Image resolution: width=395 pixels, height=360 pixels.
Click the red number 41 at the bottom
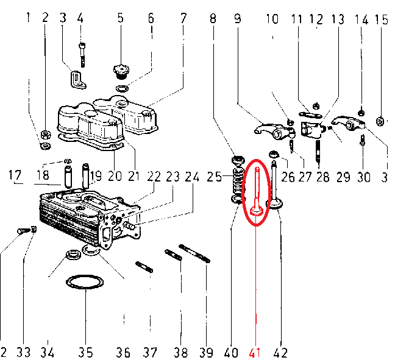point(255,352)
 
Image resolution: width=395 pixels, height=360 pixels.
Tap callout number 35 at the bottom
point(86,352)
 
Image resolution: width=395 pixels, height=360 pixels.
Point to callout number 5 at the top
point(120,19)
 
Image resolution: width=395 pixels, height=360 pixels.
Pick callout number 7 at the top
point(183,19)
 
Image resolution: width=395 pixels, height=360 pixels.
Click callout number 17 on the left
point(15,177)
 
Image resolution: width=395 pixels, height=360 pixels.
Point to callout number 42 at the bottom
point(281,352)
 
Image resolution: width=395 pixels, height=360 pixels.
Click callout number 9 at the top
point(237,19)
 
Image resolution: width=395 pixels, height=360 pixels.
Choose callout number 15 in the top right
point(382,19)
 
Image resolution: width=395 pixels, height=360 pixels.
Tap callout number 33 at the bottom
point(23,352)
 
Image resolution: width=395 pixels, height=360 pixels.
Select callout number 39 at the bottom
point(207,352)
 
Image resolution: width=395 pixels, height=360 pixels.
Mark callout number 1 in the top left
point(27,19)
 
